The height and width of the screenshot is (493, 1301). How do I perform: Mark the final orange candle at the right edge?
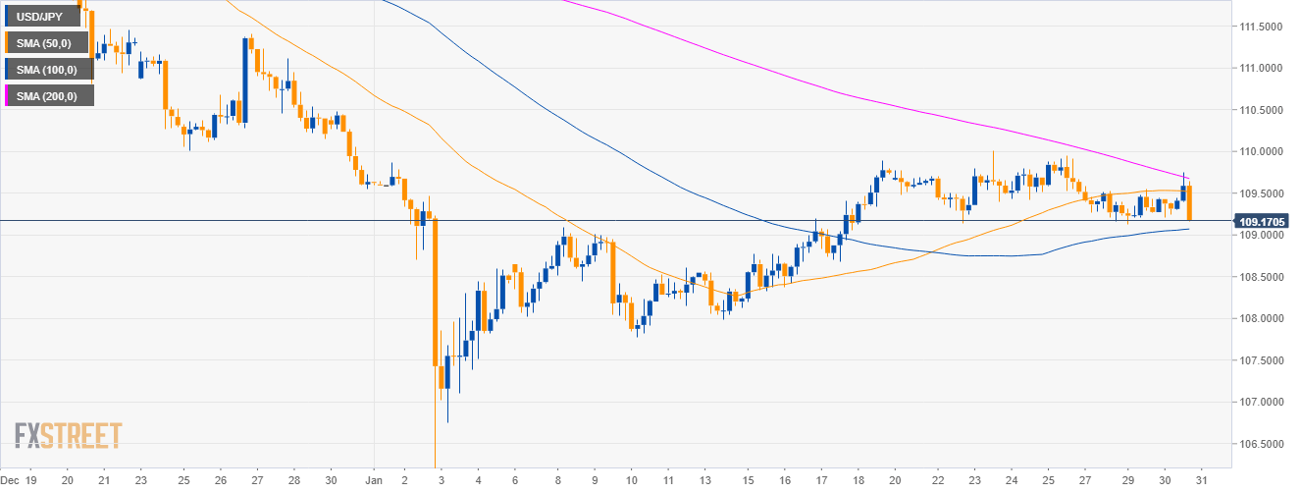point(1189,202)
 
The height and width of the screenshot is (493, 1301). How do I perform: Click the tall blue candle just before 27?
point(243,79)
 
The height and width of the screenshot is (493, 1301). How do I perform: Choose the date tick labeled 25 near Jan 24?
point(1048,481)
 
